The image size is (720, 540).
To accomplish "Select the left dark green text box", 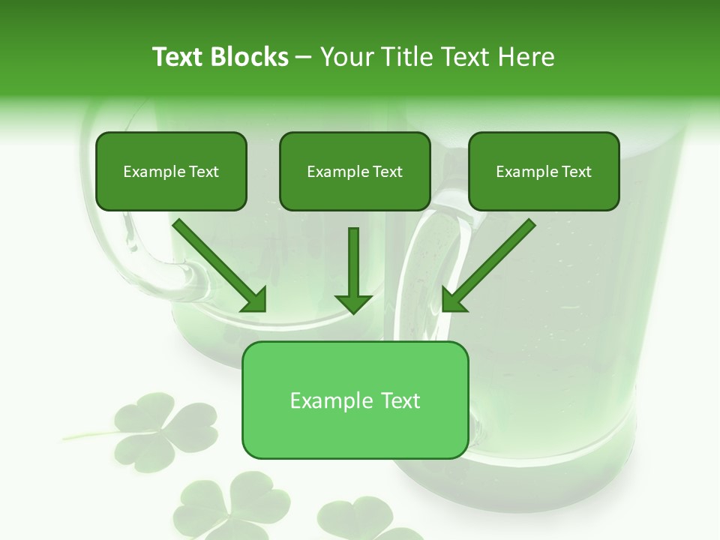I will (x=171, y=171).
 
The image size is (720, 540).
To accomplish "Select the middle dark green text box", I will (x=355, y=171).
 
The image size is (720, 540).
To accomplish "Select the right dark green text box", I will (x=544, y=171).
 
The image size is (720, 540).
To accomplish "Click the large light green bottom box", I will (x=355, y=400).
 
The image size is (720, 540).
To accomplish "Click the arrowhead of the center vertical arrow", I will (x=353, y=303).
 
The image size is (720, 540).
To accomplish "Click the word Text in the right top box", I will (x=576, y=172).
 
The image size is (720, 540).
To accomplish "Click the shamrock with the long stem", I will (x=161, y=431).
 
